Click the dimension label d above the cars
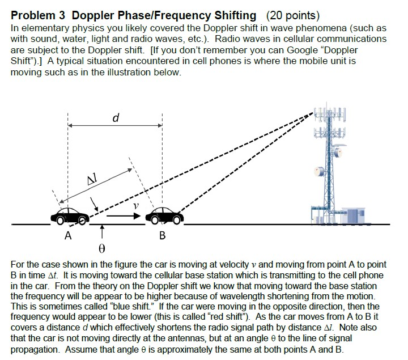pos(116,118)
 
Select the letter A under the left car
pos(68,236)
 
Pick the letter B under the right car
pos(162,236)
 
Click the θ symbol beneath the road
pos(103,248)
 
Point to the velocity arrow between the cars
pos(124,216)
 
